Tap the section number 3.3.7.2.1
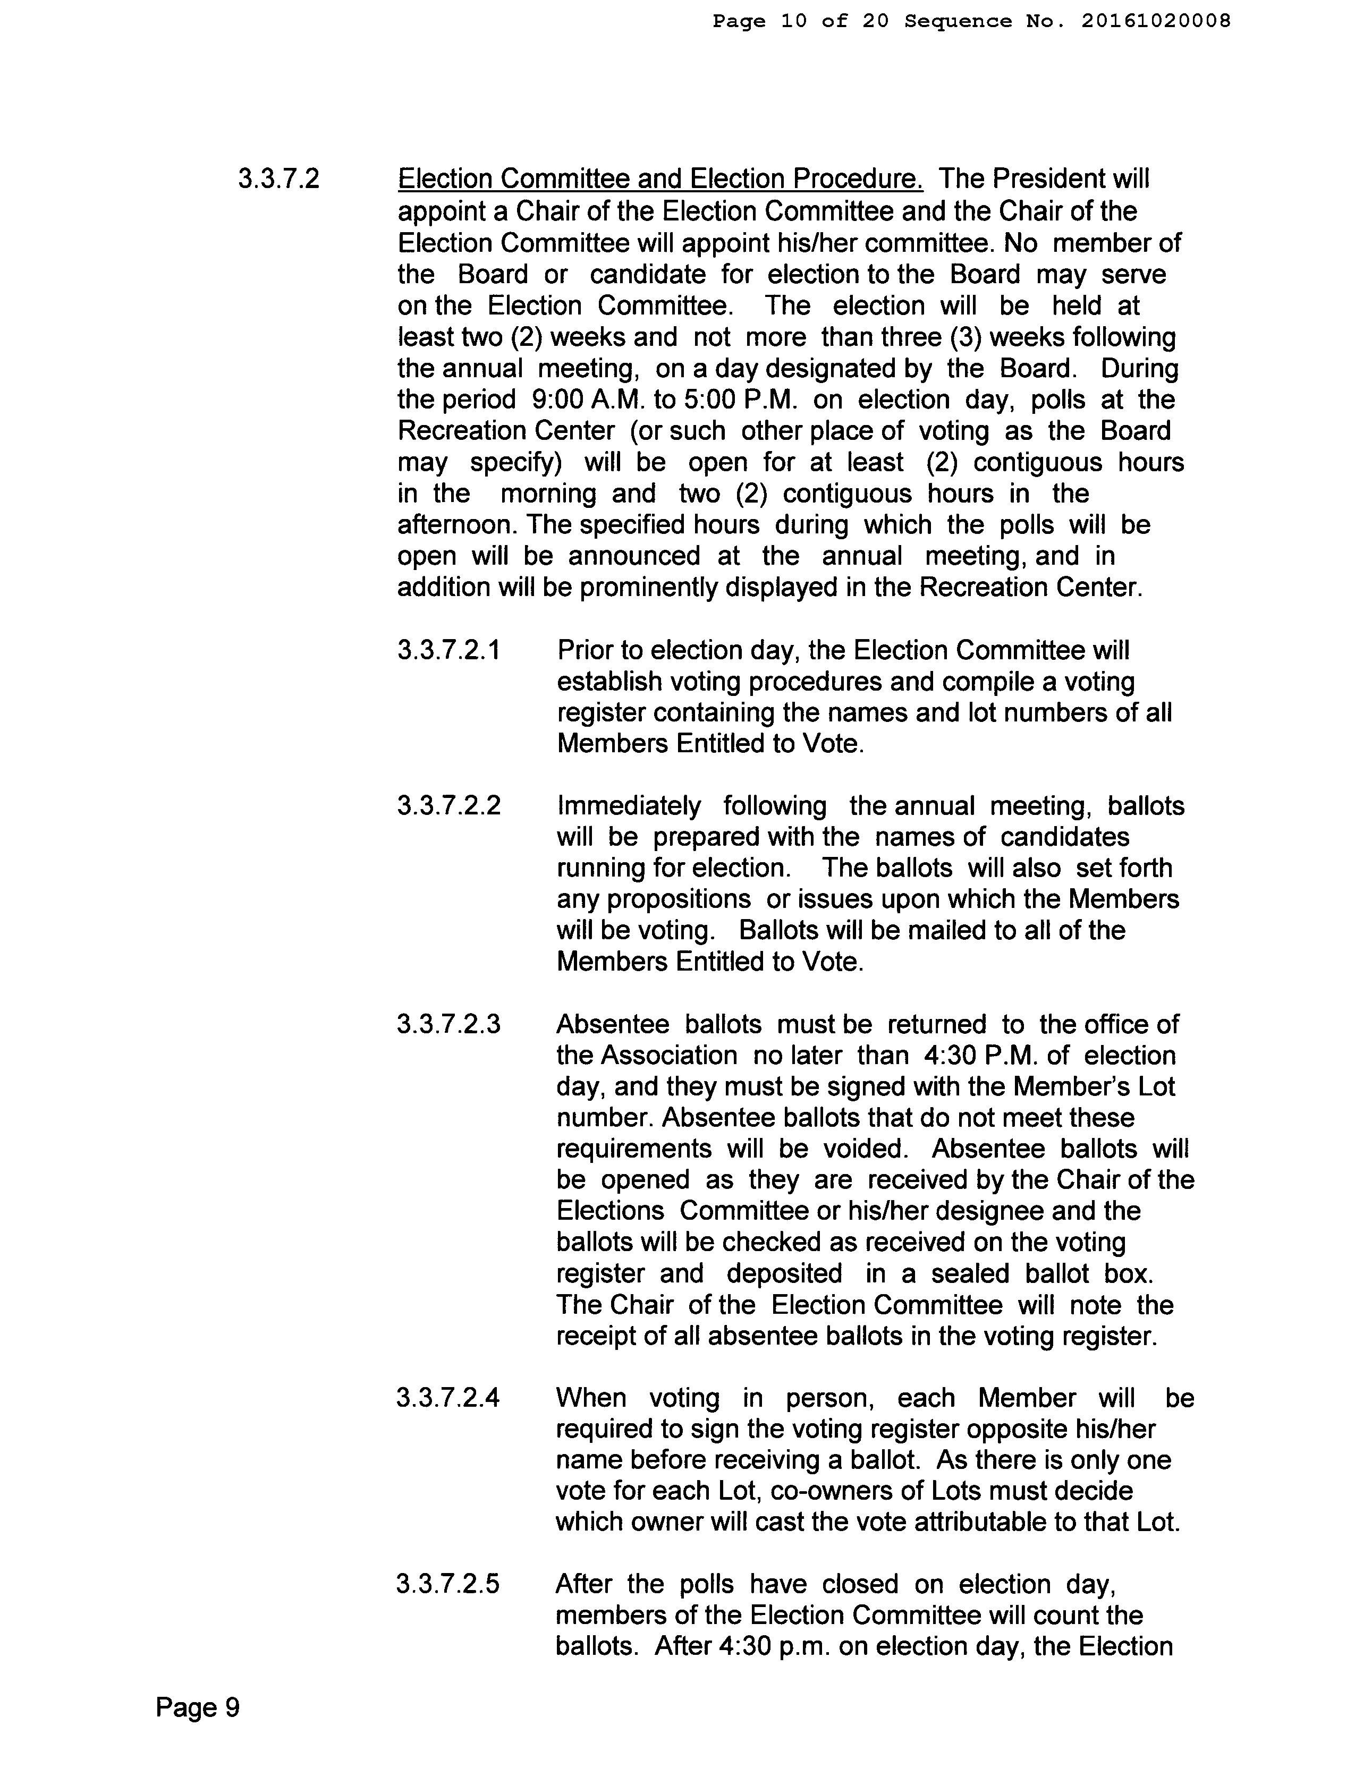click(448, 650)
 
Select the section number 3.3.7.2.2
click(448, 806)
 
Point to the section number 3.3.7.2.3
click(448, 1025)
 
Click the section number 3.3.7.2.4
click(448, 1398)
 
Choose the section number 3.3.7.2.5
click(448, 1585)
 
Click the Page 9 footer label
click(198, 1708)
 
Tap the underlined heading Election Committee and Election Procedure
click(660, 179)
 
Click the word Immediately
click(629, 806)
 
